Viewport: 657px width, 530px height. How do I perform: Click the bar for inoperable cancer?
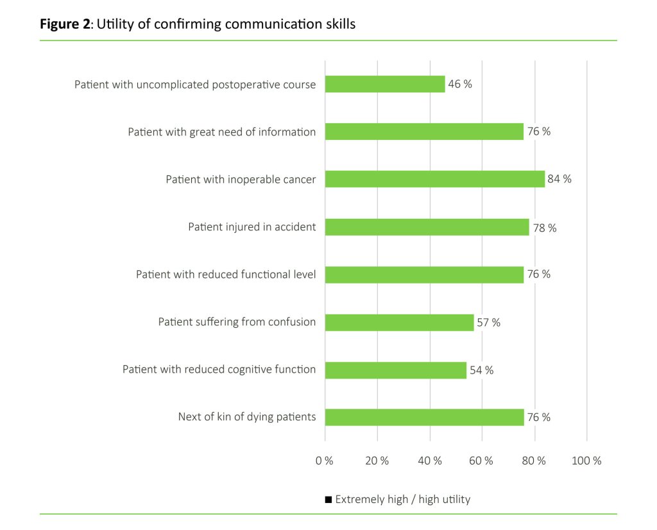(x=434, y=179)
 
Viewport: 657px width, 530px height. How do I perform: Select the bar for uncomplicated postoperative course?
(x=385, y=84)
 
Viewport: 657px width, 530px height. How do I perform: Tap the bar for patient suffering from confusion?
(x=399, y=322)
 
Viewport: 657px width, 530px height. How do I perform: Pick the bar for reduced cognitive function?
(x=395, y=370)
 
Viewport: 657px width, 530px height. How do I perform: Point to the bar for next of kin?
(x=424, y=417)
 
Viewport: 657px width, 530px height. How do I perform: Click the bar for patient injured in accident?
(x=427, y=227)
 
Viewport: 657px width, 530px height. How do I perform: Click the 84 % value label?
(x=559, y=179)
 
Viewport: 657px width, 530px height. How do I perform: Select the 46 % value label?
(x=460, y=84)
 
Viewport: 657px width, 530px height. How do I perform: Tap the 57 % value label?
(x=488, y=322)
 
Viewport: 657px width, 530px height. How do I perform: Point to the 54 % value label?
(x=481, y=370)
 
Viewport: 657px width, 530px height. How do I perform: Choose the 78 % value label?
(x=544, y=227)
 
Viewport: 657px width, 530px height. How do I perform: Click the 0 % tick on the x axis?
(x=325, y=461)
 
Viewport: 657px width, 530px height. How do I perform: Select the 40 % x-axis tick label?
(x=430, y=461)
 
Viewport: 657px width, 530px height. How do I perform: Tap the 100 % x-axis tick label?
(x=586, y=461)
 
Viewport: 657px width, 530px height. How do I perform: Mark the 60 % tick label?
(x=482, y=461)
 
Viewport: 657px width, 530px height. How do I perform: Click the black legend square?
(x=328, y=499)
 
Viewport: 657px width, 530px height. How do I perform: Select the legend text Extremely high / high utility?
(x=402, y=499)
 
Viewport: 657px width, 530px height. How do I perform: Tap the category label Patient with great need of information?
(x=222, y=132)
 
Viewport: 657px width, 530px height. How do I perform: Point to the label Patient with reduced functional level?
(x=226, y=275)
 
